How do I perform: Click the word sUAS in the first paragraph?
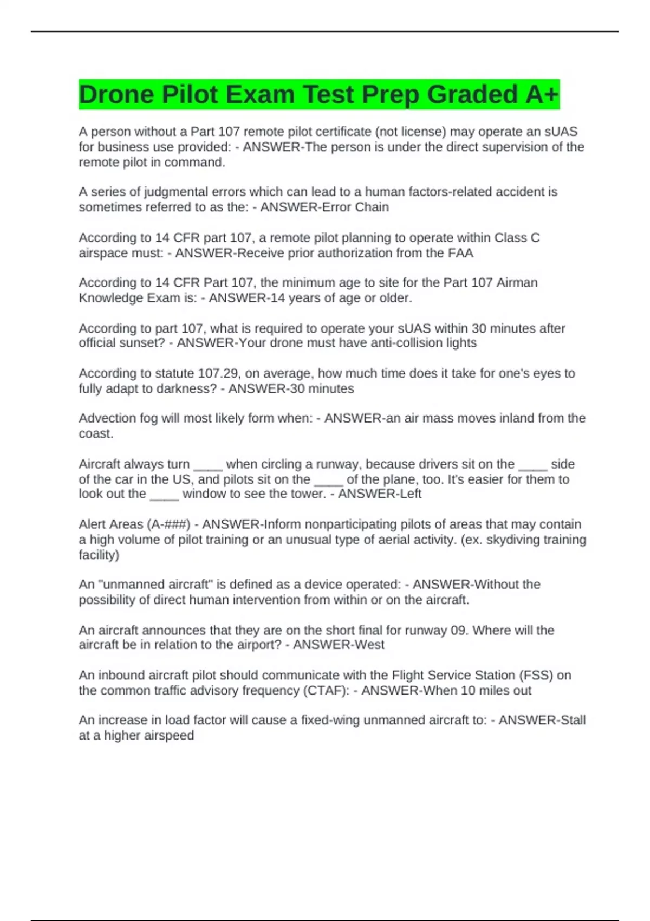tap(561, 132)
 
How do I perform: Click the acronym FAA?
tap(460, 253)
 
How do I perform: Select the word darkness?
tap(191, 388)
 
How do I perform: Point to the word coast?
tap(95, 433)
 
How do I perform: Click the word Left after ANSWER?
tap(410, 494)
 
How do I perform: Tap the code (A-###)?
tap(168, 524)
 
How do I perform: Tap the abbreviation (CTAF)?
tap(323, 691)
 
